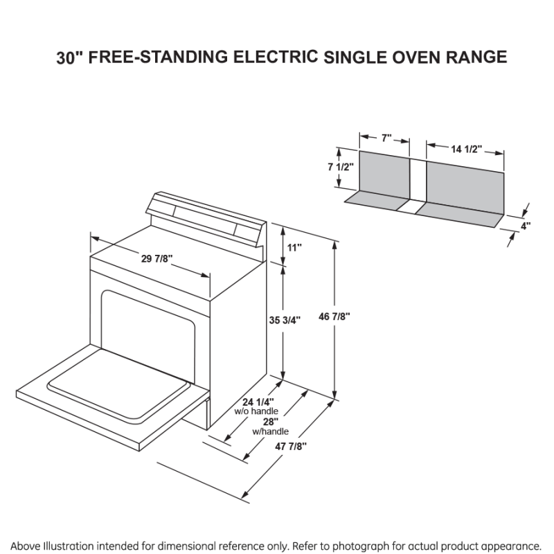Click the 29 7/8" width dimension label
click(x=157, y=259)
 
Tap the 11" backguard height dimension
click(x=295, y=247)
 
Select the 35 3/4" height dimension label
click(x=285, y=320)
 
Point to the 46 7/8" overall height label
click(x=354, y=316)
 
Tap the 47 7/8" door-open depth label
click(x=290, y=447)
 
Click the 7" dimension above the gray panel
click(x=386, y=138)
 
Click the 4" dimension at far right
click(x=526, y=225)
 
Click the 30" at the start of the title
click(x=70, y=58)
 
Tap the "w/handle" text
click(x=270, y=431)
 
